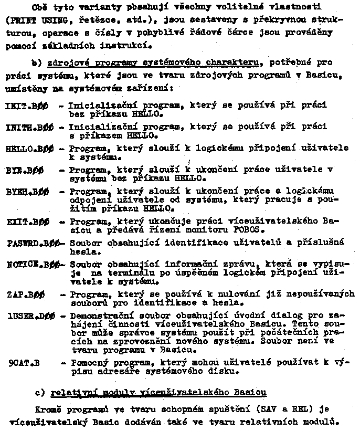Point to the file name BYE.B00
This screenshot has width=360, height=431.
point(24,170)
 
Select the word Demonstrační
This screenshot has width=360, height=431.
point(98,316)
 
